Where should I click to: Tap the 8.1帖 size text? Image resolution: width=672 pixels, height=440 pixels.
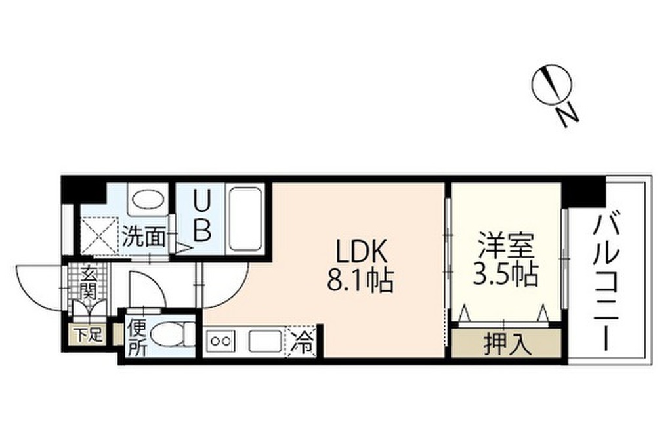point(360,280)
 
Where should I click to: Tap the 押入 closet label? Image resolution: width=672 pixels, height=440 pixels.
point(508,344)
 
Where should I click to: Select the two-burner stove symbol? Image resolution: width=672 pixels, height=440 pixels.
point(221,342)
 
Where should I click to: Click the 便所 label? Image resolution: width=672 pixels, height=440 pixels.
point(137,338)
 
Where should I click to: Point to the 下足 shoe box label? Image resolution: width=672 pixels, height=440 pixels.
point(88,334)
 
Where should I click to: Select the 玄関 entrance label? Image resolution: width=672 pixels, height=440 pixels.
point(87,282)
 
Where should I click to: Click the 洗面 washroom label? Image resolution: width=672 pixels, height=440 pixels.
point(144,236)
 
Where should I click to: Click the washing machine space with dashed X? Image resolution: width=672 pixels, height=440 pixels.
point(100,235)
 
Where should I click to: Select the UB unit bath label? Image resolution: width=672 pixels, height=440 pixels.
point(202,216)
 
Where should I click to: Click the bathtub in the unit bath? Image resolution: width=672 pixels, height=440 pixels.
point(245,218)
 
